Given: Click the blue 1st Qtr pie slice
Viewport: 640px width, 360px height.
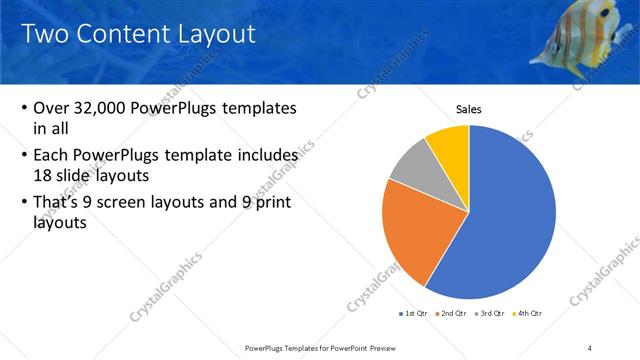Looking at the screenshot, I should pyautogui.click(x=510, y=220).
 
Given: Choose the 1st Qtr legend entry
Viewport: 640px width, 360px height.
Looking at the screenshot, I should pyautogui.click(x=414, y=314).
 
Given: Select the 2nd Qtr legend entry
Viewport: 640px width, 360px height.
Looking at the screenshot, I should pyautogui.click(x=451, y=314).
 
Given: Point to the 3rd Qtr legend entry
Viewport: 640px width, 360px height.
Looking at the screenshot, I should pyautogui.click(x=489, y=314).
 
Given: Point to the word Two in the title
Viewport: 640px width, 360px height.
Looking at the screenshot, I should pyautogui.click(x=45, y=34).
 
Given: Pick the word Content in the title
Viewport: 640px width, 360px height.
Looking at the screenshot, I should pyautogui.click(x=121, y=34).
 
